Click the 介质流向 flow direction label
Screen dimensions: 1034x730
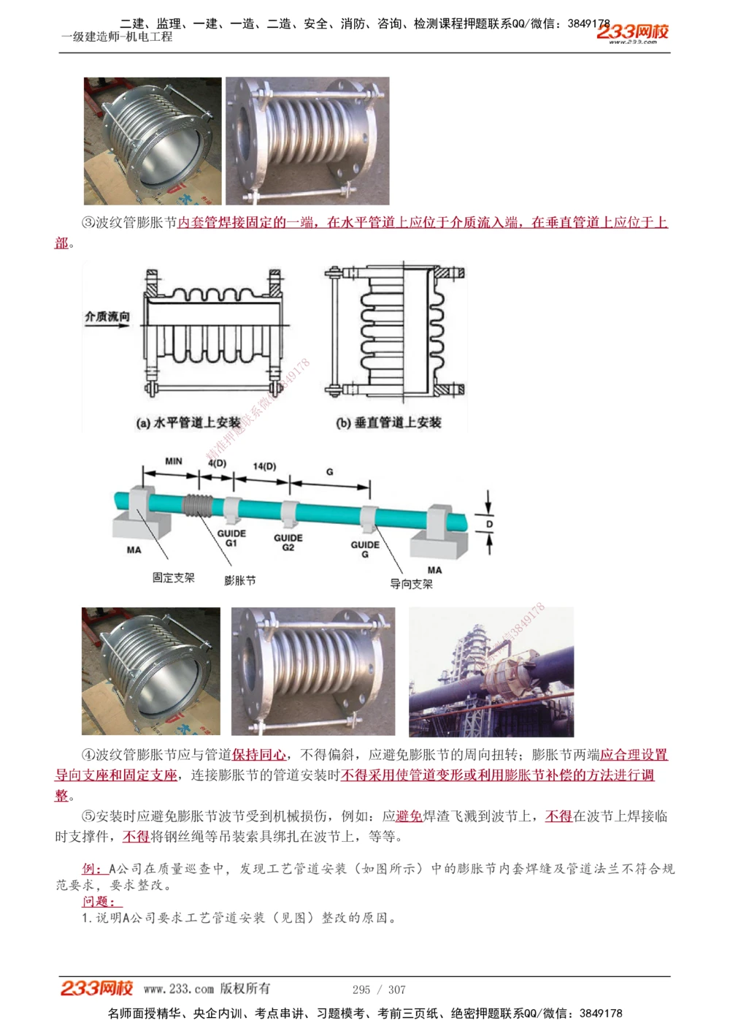coord(107,316)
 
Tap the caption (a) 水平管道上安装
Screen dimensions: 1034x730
coord(188,422)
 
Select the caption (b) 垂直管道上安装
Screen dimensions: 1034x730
coord(388,422)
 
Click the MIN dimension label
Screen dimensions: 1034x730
coord(174,461)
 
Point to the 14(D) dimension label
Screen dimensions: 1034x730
coord(264,465)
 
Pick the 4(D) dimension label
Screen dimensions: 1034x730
coord(217,463)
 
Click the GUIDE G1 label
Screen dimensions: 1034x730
coord(231,539)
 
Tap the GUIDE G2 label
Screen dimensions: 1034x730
coord(288,542)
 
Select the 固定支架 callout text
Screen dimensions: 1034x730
coord(174,578)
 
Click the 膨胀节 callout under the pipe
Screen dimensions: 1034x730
coord(240,581)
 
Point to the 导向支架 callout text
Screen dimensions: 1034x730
coord(411,584)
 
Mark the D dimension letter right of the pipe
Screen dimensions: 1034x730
coord(489,524)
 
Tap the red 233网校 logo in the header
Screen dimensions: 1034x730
coord(632,32)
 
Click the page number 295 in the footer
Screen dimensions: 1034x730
coord(361,989)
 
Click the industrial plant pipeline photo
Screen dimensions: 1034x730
coord(491,672)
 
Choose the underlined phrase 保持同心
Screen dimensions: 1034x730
coord(259,755)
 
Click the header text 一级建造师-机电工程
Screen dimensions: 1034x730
coord(117,37)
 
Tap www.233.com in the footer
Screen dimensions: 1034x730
coord(179,989)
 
